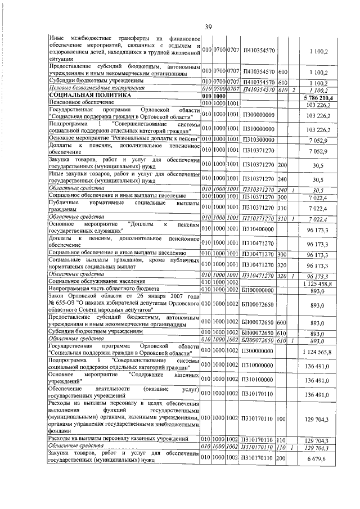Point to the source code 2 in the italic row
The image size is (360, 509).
click(x=294, y=89)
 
